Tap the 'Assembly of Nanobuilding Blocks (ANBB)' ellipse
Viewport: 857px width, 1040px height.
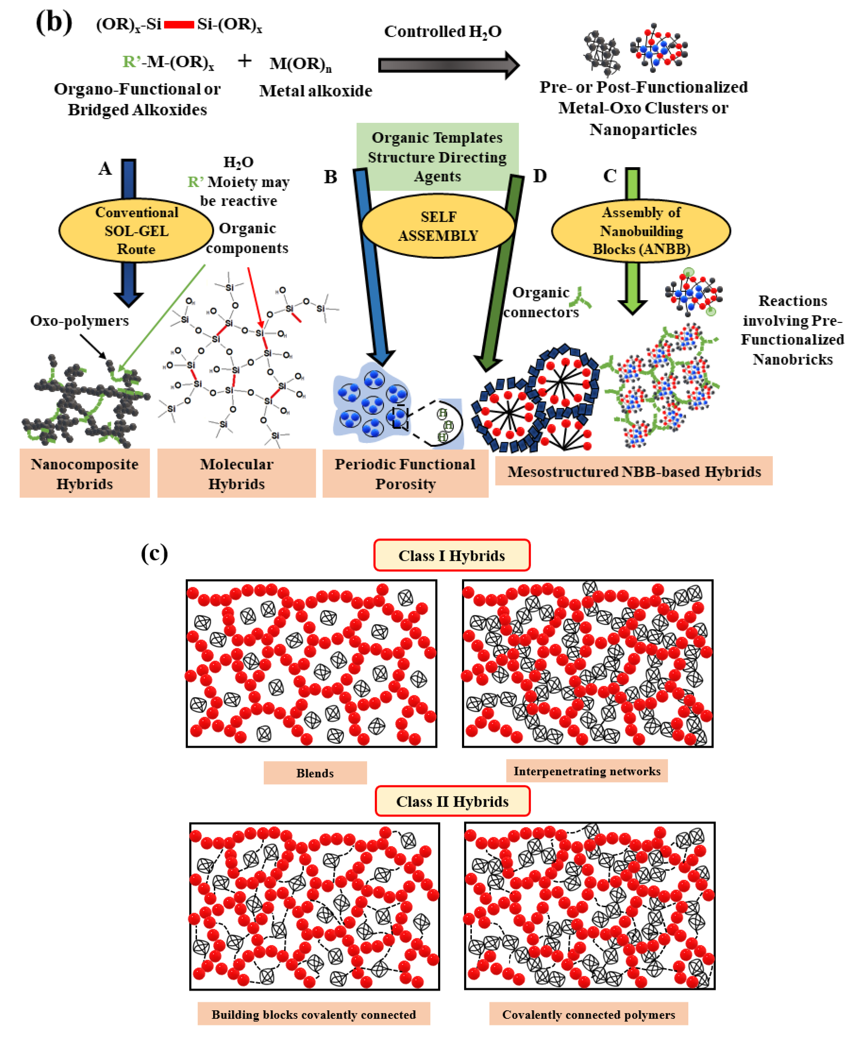click(641, 230)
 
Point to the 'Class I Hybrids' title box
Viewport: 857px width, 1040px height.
click(452, 555)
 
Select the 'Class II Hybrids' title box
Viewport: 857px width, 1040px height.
click(452, 801)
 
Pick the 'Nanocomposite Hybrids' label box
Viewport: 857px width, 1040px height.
click(84, 473)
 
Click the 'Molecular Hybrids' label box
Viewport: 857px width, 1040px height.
click(236, 473)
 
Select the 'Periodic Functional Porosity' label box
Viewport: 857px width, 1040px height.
click(405, 473)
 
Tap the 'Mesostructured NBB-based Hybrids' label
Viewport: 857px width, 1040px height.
click(634, 471)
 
